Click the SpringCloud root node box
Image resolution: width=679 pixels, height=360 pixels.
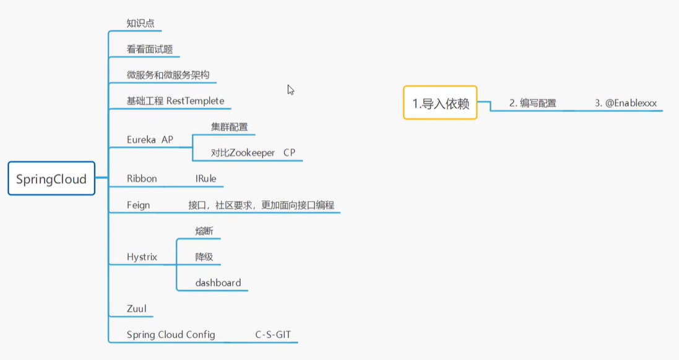(51, 179)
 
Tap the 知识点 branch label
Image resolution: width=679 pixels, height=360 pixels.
(140, 23)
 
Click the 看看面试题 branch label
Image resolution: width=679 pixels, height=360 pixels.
(149, 49)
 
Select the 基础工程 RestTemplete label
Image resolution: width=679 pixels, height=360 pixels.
(175, 101)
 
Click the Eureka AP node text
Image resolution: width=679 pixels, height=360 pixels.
(150, 140)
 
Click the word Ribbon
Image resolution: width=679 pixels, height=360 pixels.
(142, 179)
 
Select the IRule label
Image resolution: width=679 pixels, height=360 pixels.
(205, 179)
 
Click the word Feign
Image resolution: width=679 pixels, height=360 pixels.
(138, 205)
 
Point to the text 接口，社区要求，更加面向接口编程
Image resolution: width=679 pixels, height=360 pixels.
(261, 205)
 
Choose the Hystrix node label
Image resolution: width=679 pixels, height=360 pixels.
(142, 257)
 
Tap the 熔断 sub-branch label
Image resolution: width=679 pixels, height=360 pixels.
(204, 231)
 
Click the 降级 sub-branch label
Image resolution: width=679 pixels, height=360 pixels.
(204, 257)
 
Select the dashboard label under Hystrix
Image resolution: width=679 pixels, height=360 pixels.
(218, 283)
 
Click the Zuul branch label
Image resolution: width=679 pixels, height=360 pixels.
(136, 309)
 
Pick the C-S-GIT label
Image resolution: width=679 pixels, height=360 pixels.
(273, 335)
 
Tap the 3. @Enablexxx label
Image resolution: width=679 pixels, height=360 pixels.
(626, 103)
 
